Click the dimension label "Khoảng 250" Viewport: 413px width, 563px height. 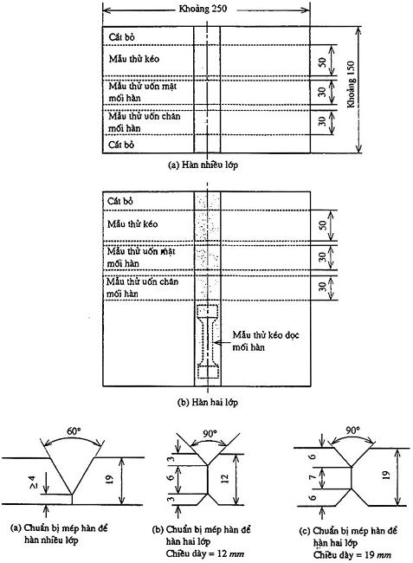click(x=203, y=9)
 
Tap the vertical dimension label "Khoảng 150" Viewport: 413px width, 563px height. click(x=351, y=84)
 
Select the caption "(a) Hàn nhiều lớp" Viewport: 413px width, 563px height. click(x=203, y=165)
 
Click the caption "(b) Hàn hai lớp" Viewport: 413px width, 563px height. click(x=208, y=402)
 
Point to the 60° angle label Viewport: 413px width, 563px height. click(x=74, y=430)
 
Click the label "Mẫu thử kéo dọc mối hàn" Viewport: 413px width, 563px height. click(x=266, y=340)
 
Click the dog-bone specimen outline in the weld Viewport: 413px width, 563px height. click(x=208, y=341)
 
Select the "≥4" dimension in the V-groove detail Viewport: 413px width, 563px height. click(x=42, y=483)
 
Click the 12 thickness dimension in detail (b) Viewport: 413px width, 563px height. click(x=224, y=479)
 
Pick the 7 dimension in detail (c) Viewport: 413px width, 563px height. click(x=313, y=477)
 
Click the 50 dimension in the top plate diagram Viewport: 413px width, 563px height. click(x=322, y=62)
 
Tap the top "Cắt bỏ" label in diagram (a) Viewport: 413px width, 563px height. click(x=121, y=37)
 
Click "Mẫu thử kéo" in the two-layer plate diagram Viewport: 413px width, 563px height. click(x=132, y=224)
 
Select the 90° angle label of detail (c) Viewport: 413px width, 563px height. click(x=353, y=430)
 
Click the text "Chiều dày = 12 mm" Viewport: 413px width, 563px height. click(x=205, y=553)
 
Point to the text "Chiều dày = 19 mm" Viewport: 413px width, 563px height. click(x=352, y=554)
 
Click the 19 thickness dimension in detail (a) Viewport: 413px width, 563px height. click(x=109, y=479)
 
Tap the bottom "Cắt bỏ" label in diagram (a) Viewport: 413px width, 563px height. click(x=121, y=145)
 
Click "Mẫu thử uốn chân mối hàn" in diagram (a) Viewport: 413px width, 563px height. click(x=145, y=122)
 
